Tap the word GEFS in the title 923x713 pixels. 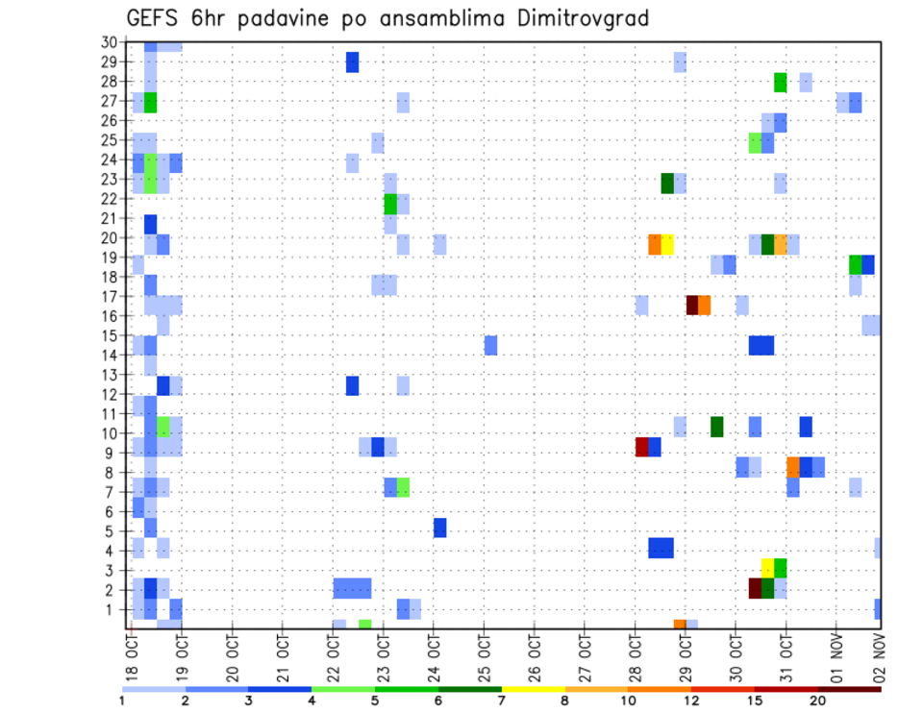(x=155, y=18)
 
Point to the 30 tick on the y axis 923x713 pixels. (x=109, y=42)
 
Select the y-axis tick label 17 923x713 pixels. (x=109, y=296)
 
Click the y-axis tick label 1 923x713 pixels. (x=112, y=609)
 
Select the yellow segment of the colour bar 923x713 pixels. (x=533, y=689)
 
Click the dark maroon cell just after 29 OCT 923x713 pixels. (x=692, y=305)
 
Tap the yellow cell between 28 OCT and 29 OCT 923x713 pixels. (x=667, y=244)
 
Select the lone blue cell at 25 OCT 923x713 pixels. (x=490, y=345)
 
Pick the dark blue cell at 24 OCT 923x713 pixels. (x=439, y=527)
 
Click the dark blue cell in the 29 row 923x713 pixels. (x=352, y=62)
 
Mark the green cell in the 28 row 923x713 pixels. (x=781, y=83)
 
